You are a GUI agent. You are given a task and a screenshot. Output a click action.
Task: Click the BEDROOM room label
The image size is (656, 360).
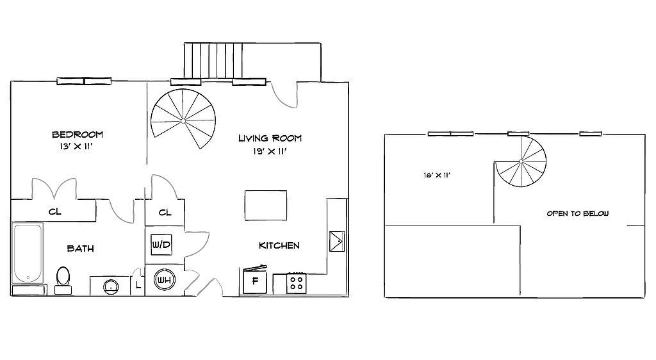pyautogui.click(x=78, y=135)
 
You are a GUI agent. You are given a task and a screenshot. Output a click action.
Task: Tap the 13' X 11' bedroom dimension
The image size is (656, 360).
pyautogui.click(x=76, y=147)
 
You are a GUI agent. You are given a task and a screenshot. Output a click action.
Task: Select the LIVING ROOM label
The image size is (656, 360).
pyautogui.click(x=270, y=138)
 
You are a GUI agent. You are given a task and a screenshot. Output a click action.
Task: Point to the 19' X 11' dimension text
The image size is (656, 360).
pyautogui.click(x=270, y=151)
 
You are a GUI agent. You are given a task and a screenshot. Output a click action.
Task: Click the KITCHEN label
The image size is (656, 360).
pyautogui.click(x=279, y=245)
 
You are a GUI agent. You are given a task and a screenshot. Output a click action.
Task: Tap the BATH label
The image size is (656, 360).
pyautogui.click(x=80, y=249)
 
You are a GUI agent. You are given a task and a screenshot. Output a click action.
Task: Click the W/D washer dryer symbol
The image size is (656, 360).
pyautogui.click(x=161, y=245)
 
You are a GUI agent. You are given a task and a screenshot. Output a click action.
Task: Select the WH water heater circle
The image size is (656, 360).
pyautogui.click(x=165, y=280)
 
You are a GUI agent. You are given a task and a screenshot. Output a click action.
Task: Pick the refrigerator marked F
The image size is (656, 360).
pyautogui.click(x=255, y=280)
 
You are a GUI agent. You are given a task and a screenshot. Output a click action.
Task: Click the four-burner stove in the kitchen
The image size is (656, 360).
pyautogui.click(x=296, y=283)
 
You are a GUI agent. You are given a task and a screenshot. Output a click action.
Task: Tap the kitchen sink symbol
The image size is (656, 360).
pyautogui.click(x=337, y=241)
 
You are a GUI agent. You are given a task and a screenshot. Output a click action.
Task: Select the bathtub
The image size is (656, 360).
pyautogui.click(x=28, y=254)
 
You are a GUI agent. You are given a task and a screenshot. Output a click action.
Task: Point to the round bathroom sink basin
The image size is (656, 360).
pyautogui.click(x=111, y=287)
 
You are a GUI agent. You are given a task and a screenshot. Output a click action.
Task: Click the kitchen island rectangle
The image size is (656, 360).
pyautogui.click(x=266, y=205)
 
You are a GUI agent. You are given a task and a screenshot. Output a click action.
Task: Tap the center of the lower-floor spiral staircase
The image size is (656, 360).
pyautogui.click(x=183, y=121)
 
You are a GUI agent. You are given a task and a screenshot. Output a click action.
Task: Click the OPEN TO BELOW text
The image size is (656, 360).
pyautogui.click(x=578, y=213)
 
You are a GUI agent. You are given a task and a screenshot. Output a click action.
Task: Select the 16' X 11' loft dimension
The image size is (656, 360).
pyautogui.click(x=437, y=175)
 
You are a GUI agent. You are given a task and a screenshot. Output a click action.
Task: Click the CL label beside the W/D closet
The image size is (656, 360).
pyautogui.click(x=165, y=213)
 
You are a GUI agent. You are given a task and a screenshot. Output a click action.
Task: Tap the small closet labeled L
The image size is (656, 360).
pyautogui.click(x=138, y=286)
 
